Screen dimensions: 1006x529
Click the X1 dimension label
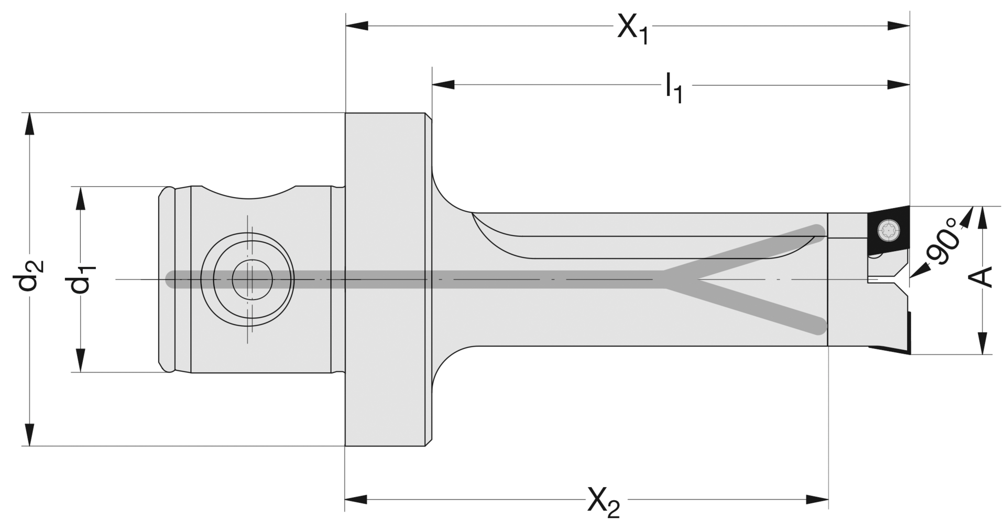(x=633, y=28)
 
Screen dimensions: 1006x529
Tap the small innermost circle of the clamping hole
(x=252, y=279)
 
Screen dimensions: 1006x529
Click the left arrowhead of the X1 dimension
(x=356, y=26)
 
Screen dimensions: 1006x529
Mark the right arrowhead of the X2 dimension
(x=817, y=500)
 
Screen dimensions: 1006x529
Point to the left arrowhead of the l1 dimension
(x=443, y=84)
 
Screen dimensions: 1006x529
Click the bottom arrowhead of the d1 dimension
(x=81, y=361)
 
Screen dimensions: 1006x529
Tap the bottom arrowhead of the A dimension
(x=983, y=343)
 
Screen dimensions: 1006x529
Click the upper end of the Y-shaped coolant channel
(x=818, y=231)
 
